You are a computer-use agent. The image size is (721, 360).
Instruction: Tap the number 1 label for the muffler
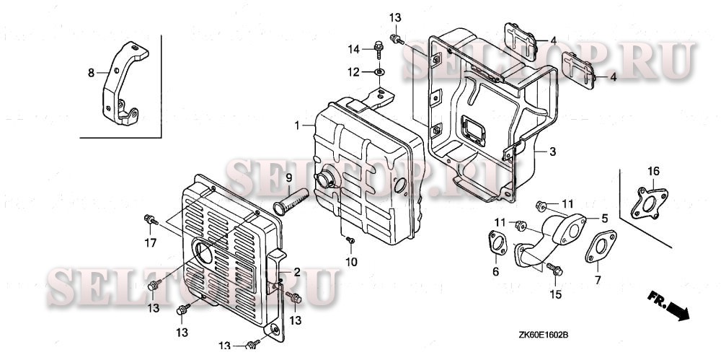(x=296, y=126)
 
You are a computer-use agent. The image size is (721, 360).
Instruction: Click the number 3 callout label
(x=552, y=152)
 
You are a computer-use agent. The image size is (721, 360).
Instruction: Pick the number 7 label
(x=598, y=279)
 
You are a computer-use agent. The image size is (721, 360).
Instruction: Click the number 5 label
(x=605, y=217)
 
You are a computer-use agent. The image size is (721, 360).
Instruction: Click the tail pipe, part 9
(x=292, y=198)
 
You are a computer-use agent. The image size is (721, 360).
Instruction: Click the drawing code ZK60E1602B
(x=544, y=335)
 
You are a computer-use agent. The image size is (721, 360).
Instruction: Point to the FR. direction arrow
(x=668, y=305)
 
